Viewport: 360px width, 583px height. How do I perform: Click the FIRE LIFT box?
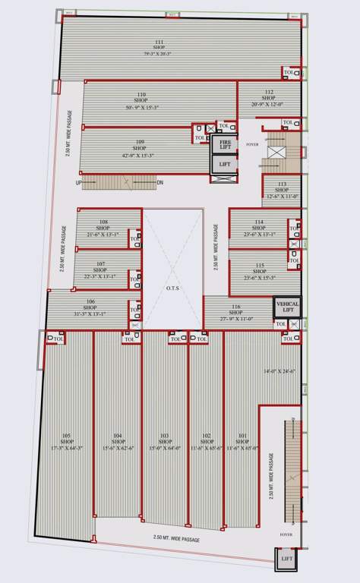(225, 144)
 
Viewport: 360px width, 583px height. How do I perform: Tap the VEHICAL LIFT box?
(287, 305)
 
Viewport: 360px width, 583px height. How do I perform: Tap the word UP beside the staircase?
(78, 183)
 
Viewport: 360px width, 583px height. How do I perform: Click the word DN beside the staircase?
(159, 183)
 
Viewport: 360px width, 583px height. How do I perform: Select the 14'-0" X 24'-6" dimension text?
(277, 371)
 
